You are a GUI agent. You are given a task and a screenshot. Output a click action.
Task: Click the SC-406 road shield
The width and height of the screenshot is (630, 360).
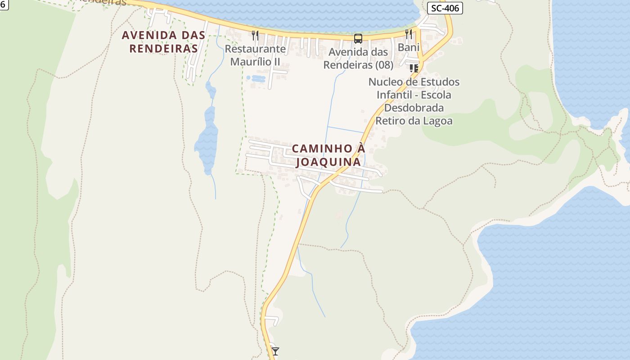click(x=445, y=8)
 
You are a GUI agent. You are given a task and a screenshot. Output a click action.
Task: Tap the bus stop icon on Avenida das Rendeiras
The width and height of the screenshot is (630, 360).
click(x=358, y=39)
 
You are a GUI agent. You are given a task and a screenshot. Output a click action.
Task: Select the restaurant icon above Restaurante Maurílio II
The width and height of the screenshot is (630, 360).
click(x=255, y=35)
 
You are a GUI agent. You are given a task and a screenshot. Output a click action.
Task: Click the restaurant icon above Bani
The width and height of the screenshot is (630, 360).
click(x=409, y=34)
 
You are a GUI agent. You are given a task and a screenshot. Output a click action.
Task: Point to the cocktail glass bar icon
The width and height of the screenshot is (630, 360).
click(x=275, y=351)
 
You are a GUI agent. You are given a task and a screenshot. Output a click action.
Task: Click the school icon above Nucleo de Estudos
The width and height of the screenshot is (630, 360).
click(x=414, y=68)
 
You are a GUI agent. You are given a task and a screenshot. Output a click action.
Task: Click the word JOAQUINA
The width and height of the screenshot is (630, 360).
click(x=328, y=162)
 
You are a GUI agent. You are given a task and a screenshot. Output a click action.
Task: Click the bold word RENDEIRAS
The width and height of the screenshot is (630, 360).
click(x=164, y=49)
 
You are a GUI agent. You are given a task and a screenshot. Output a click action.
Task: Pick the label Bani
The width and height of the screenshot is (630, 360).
click(x=409, y=47)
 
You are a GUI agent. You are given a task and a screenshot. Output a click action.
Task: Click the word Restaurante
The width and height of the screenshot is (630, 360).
click(x=255, y=49)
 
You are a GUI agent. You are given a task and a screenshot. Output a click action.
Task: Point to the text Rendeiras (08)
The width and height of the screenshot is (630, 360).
click(x=358, y=65)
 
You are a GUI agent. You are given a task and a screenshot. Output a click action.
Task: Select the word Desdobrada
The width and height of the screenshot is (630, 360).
click(x=414, y=108)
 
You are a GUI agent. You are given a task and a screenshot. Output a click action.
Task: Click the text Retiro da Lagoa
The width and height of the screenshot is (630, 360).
click(x=414, y=121)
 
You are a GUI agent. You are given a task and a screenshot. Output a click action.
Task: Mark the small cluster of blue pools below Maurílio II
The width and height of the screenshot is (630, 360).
click(x=256, y=78)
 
